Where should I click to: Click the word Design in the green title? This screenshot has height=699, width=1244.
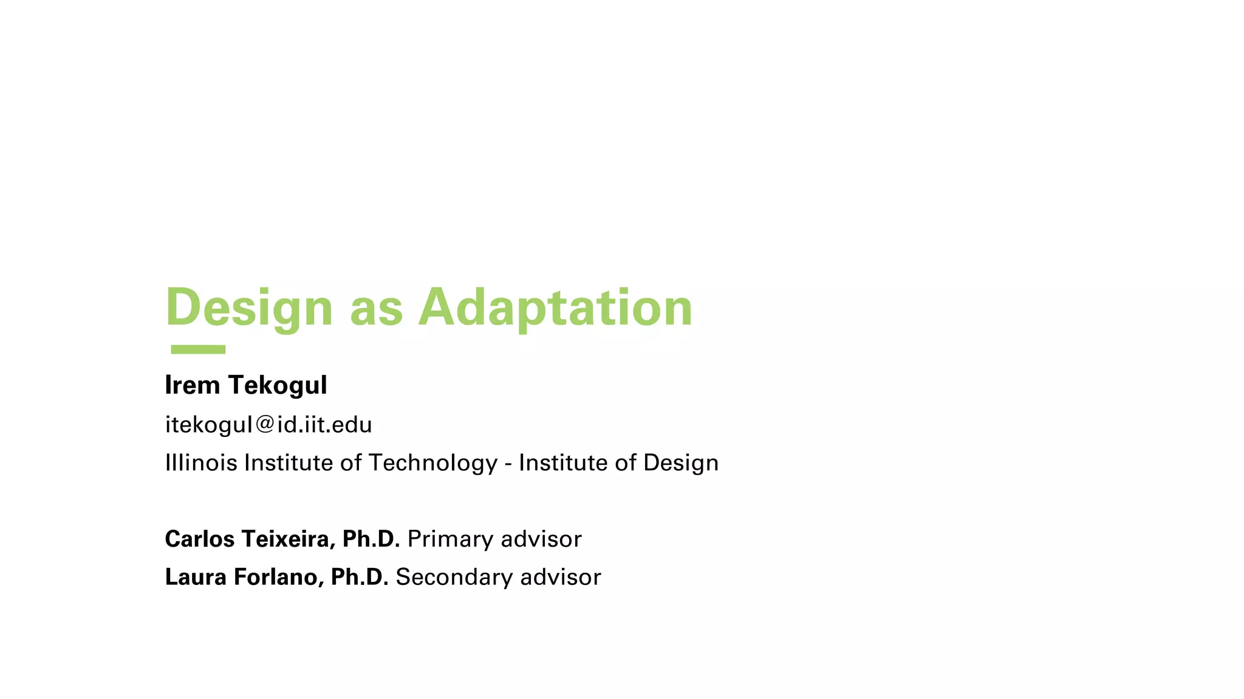point(249,308)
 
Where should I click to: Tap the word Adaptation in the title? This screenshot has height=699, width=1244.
point(555,308)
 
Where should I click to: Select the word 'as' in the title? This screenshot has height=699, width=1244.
point(376,309)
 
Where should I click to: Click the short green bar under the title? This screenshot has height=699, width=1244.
point(198,349)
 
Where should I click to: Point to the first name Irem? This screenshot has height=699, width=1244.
point(192,385)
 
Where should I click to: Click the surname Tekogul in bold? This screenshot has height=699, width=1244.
point(278,386)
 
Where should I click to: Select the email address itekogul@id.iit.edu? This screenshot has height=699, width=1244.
point(268,425)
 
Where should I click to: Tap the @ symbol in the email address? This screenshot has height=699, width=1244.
point(265,425)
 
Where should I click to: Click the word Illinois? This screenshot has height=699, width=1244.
point(201,463)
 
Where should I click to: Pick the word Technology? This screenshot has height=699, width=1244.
point(433,464)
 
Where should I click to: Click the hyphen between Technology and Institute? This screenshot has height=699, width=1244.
point(508,465)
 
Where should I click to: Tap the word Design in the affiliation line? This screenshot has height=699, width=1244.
point(680,464)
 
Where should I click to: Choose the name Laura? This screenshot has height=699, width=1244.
point(196,577)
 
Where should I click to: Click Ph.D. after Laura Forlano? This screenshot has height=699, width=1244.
point(359,577)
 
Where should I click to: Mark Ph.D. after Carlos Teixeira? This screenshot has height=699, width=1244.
point(371,539)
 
